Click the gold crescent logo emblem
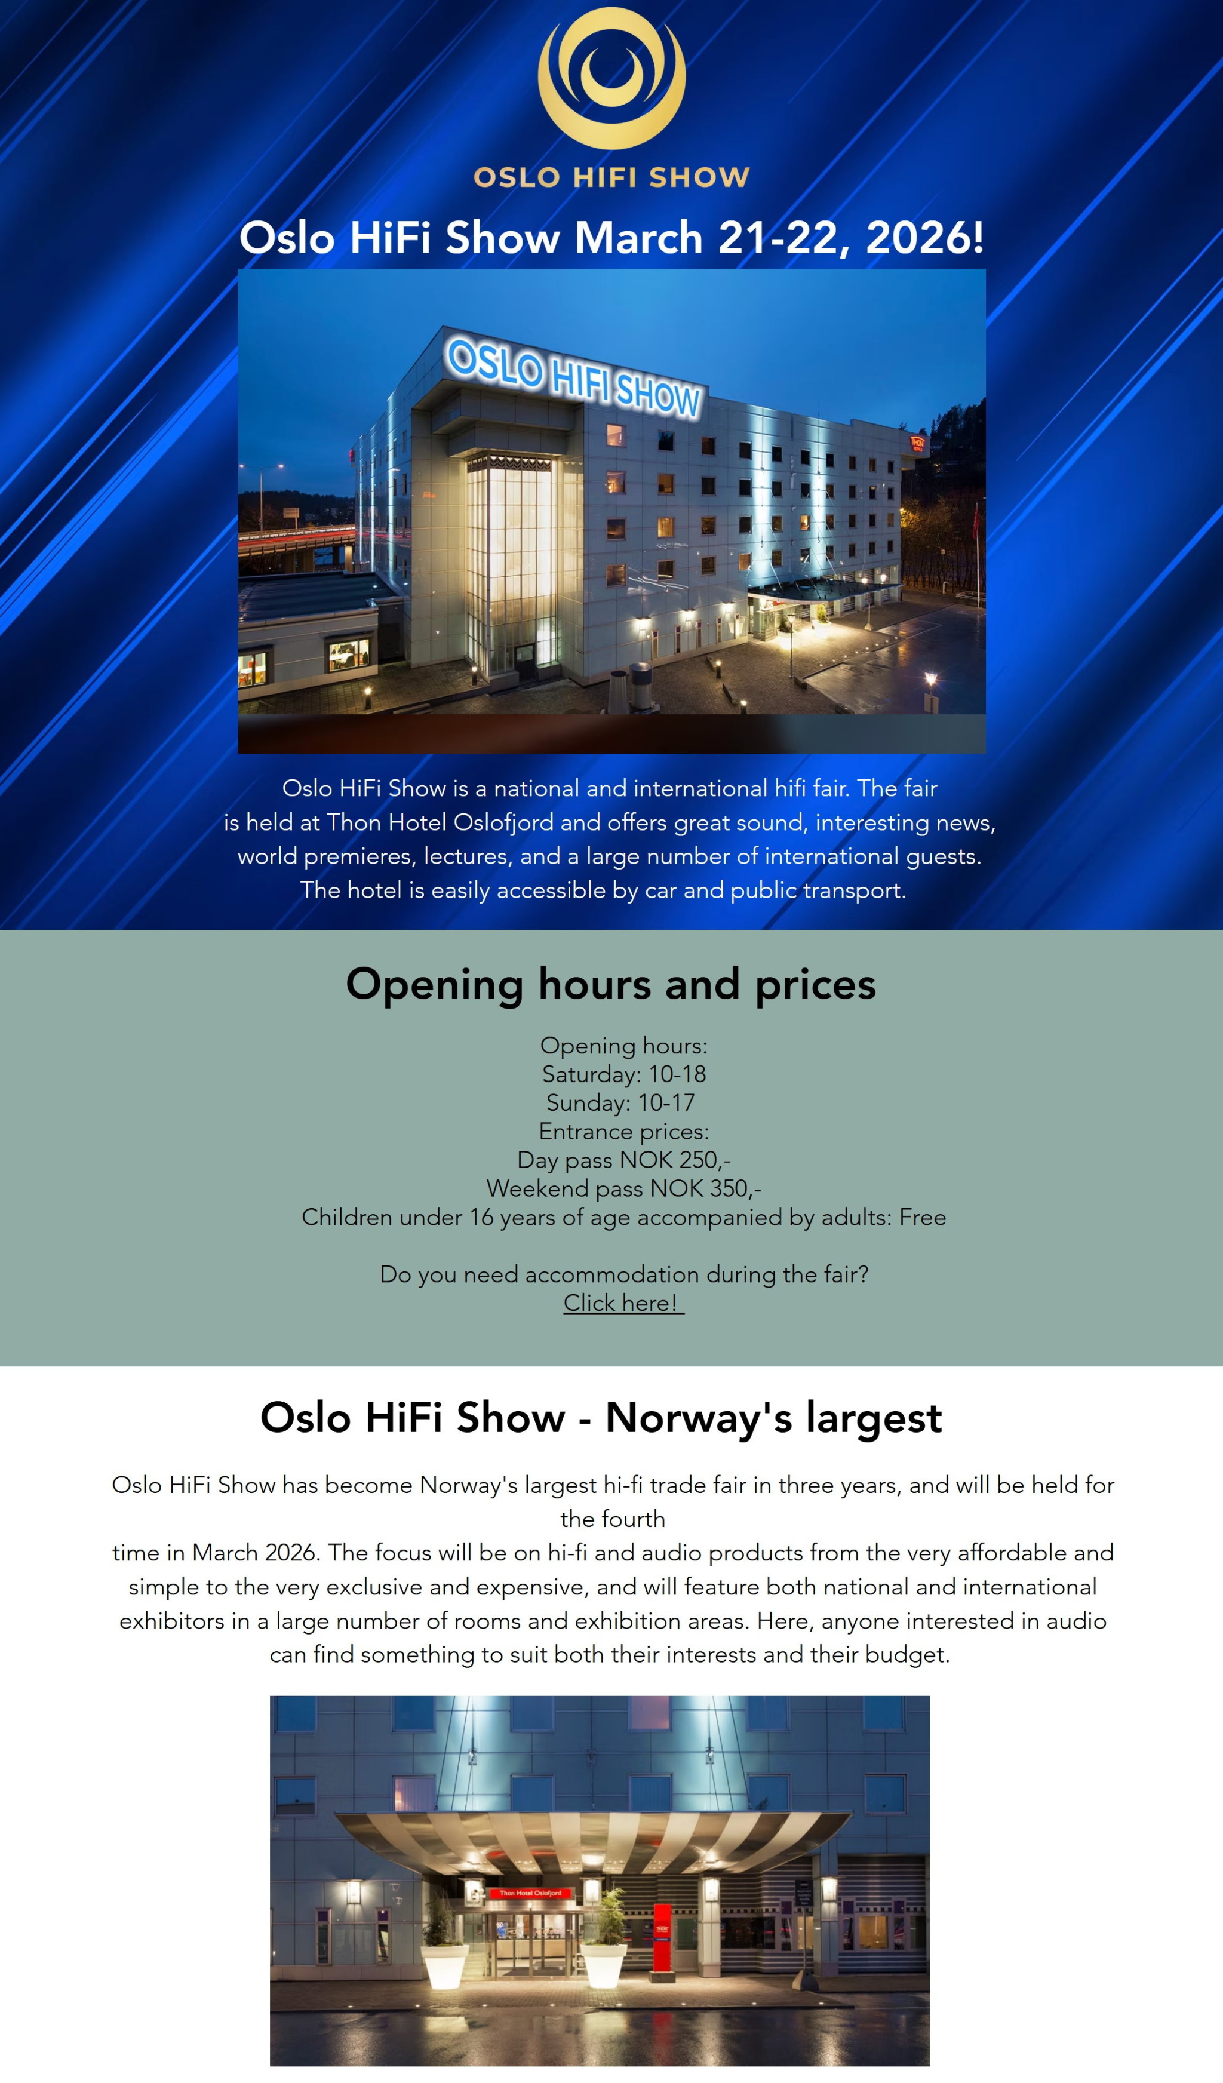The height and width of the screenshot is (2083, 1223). [611, 78]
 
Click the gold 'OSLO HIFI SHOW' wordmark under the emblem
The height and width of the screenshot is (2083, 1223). [611, 177]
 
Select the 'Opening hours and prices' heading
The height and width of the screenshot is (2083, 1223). [611, 984]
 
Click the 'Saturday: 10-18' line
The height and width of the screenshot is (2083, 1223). [624, 1074]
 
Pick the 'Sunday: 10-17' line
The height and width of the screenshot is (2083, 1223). [620, 1102]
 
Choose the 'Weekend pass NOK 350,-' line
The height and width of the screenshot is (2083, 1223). [624, 1188]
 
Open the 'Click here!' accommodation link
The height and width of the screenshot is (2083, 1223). [623, 1302]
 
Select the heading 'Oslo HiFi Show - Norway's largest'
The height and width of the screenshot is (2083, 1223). [601, 1418]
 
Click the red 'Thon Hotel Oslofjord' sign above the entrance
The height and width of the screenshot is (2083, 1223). [530, 1892]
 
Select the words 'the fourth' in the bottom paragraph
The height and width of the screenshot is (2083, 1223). [612, 1519]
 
